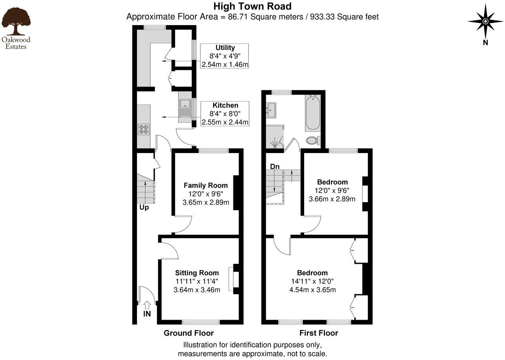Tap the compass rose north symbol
pyautogui.click(x=485, y=21)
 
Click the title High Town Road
pyautogui.click(x=252, y=6)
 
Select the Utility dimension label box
pyautogui.click(x=225, y=56)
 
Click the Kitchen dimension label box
pyautogui.click(x=225, y=114)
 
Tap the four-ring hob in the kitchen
pyautogui.click(x=143, y=129)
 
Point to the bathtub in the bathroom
pyautogui.click(x=312, y=113)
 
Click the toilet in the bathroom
pyautogui.click(x=313, y=140)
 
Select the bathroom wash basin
pyautogui.click(x=271, y=110)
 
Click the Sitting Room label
pyautogui.click(x=197, y=273)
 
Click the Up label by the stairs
pyautogui.click(x=144, y=207)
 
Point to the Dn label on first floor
pyautogui.click(x=275, y=167)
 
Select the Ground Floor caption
pyautogui.click(x=189, y=333)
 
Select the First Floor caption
pyautogui.click(x=319, y=333)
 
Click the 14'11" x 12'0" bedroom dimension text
pyautogui.click(x=312, y=281)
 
